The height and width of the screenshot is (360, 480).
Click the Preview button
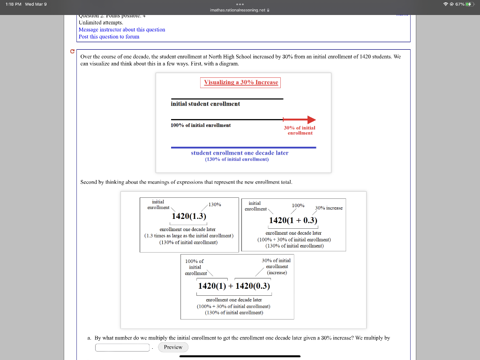(173, 347)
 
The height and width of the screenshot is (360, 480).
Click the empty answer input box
(123, 347)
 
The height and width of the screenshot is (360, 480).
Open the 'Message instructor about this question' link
(122, 30)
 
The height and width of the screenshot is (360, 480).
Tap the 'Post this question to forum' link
(109, 37)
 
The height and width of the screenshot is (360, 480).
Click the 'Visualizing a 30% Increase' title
(241, 82)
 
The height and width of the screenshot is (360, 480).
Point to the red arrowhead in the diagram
(311, 120)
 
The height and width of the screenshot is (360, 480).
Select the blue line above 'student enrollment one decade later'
(243, 147)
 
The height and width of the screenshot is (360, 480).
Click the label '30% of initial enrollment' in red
(300, 130)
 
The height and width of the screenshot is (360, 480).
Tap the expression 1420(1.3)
(189, 216)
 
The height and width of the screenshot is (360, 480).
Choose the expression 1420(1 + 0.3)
(293, 220)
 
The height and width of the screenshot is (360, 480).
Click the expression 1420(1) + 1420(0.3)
(234, 286)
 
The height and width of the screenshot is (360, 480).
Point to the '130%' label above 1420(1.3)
(215, 204)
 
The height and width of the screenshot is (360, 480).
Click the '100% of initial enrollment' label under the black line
(201, 125)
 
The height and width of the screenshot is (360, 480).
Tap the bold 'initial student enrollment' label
(205, 104)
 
